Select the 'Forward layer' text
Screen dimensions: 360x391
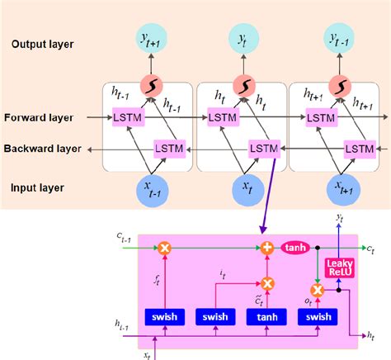39,118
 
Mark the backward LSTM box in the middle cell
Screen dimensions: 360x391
264,148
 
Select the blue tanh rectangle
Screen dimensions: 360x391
266,316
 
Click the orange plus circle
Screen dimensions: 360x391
266,247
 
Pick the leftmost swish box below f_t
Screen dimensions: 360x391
165,316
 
